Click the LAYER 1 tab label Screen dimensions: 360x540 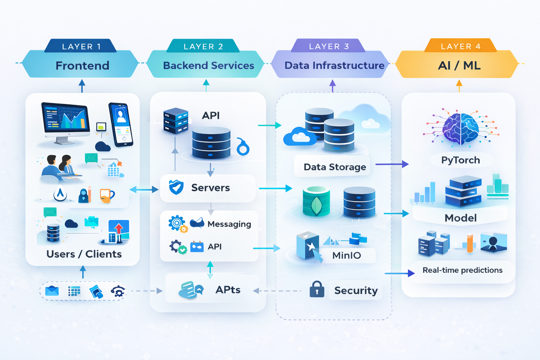point(81,46)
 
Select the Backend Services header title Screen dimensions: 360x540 point(208,65)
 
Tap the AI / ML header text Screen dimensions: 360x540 point(459,65)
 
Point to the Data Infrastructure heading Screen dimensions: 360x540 point(334,65)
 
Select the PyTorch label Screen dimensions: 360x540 point(461,160)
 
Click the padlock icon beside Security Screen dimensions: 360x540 point(317,289)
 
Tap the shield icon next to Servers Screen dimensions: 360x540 point(176,187)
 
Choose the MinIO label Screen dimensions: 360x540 point(347,256)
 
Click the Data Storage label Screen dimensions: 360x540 point(335,167)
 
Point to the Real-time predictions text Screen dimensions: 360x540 point(462,270)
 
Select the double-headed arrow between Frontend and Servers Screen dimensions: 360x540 point(144,190)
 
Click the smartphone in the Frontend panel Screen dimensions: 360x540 point(121,124)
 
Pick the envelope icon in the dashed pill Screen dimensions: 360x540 point(52,291)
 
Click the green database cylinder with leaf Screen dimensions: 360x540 point(316,201)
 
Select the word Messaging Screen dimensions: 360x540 point(229,224)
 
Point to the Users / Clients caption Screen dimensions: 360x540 point(84,254)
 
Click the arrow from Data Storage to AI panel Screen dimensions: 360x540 point(392,164)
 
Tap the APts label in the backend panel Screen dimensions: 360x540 point(228,290)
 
